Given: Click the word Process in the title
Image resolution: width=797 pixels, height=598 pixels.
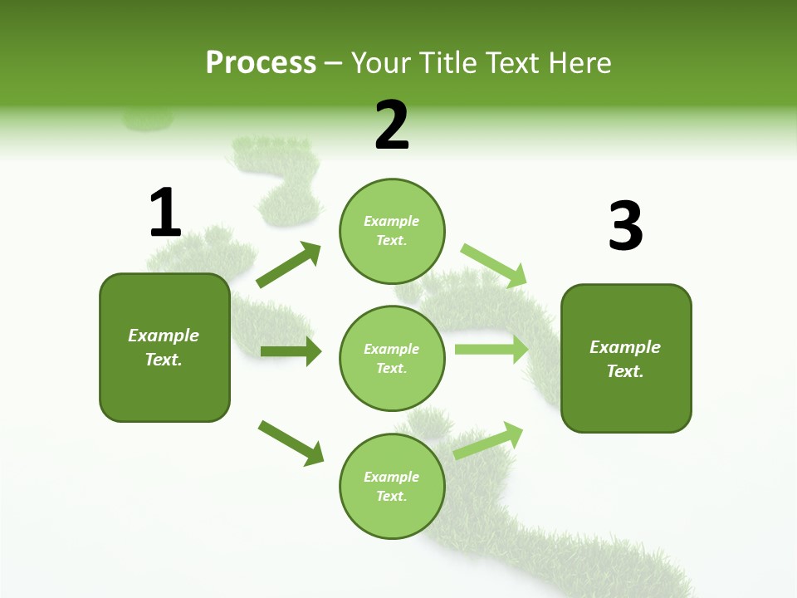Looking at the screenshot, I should point(261,63).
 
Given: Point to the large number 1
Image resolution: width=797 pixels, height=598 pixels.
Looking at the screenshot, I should point(165,213).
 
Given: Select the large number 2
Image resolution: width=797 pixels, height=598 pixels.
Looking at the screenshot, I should point(392,126).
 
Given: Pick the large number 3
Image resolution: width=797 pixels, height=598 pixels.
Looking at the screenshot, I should point(625,226).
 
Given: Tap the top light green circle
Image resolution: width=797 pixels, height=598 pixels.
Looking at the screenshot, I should point(392,231).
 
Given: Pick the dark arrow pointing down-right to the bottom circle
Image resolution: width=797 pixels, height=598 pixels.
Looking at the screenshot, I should point(291,442).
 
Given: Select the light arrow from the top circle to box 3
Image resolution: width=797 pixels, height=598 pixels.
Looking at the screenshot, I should point(494,265).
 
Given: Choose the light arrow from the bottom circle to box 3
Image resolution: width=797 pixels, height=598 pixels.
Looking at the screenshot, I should point(489,440).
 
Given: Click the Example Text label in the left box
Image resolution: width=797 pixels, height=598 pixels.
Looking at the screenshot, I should point(164,347).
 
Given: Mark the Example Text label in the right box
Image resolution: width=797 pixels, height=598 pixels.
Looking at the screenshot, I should point(625,359).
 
